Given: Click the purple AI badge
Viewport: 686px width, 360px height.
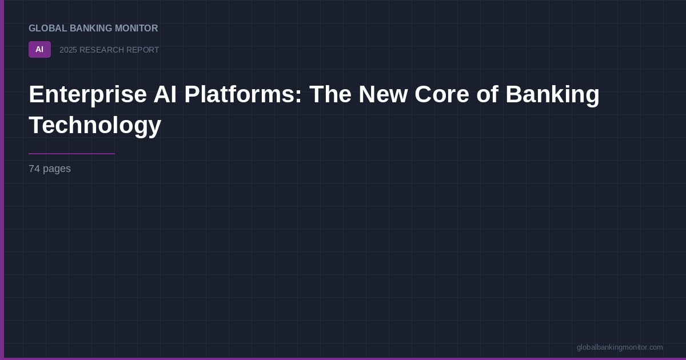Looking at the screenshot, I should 39,50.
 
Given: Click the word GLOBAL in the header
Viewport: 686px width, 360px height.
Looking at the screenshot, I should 48,29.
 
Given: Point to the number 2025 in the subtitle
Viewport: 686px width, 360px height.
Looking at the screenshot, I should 68,50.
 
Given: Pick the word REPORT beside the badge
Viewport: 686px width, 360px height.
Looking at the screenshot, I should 142,50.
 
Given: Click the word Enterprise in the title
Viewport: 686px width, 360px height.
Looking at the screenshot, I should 87,94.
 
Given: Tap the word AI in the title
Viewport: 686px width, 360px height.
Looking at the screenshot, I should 165,94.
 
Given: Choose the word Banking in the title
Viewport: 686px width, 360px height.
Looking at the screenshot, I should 552,94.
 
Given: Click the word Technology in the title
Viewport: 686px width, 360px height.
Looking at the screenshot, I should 95,125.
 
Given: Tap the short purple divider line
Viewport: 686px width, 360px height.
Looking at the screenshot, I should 71,154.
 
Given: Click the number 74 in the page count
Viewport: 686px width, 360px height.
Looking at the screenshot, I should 34,169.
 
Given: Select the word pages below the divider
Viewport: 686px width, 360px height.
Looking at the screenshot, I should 57,169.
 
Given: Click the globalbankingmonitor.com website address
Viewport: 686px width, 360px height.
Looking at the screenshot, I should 620,347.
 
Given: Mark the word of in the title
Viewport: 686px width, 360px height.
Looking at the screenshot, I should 488,94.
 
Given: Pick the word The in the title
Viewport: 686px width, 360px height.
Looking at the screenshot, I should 330,94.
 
